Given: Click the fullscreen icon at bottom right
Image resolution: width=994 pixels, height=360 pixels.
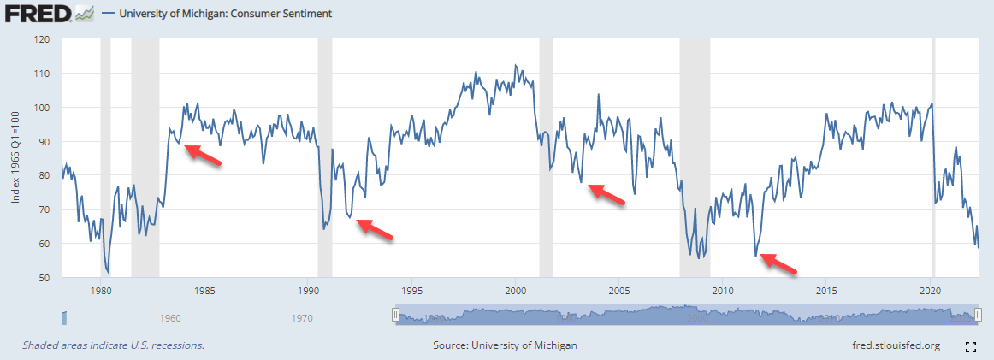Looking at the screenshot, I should [x=971, y=346].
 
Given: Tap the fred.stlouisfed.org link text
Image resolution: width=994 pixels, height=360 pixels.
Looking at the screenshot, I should [x=891, y=345].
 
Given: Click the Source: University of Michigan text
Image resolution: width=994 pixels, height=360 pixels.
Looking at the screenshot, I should [x=505, y=345].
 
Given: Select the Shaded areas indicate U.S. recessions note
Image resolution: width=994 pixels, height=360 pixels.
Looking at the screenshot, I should [x=114, y=345].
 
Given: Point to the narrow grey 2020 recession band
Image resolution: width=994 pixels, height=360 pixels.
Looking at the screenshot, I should [x=933, y=154].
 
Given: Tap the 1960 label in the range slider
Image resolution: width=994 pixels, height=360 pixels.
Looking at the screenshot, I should [x=170, y=318].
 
